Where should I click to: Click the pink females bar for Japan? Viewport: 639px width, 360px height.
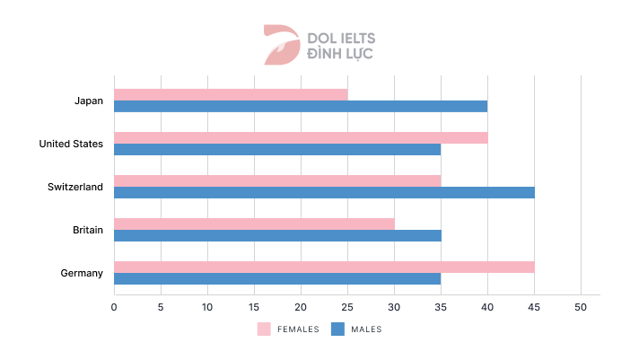[x=231, y=94]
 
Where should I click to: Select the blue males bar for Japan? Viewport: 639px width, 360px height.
[x=301, y=106]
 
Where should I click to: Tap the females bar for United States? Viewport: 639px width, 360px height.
[x=301, y=137]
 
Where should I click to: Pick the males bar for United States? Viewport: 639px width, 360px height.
[x=277, y=149]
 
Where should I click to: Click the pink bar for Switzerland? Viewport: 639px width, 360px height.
[x=277, y=180]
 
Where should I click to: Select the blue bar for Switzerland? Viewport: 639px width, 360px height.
[x=324, y=192]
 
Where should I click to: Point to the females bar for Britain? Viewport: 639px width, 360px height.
[x=254, y=224]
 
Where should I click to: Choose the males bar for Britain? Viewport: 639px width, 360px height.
[x=277, y=235]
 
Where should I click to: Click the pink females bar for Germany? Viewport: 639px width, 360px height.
[x=324, y=267]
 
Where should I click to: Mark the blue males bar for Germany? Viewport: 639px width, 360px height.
[x=277, y=278]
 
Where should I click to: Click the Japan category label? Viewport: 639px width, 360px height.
[x=89, y=101]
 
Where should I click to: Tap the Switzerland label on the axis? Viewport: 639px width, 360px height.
[x=76, y=187]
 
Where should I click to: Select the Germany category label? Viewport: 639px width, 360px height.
[x=83, y=273]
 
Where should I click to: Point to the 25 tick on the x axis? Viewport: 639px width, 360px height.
[x=347, y=307]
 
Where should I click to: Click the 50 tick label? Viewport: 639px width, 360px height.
[x=581, y=307]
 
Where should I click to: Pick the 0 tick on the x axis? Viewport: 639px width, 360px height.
[x=114, y=307]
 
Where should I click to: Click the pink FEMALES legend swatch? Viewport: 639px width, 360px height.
[x=264, y=329]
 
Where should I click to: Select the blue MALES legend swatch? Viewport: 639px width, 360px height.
[x=338, y=329]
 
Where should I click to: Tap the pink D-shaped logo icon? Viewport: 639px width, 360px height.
[x=281, y=45]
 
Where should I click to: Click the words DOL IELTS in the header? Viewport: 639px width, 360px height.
[x=342, y=39]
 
